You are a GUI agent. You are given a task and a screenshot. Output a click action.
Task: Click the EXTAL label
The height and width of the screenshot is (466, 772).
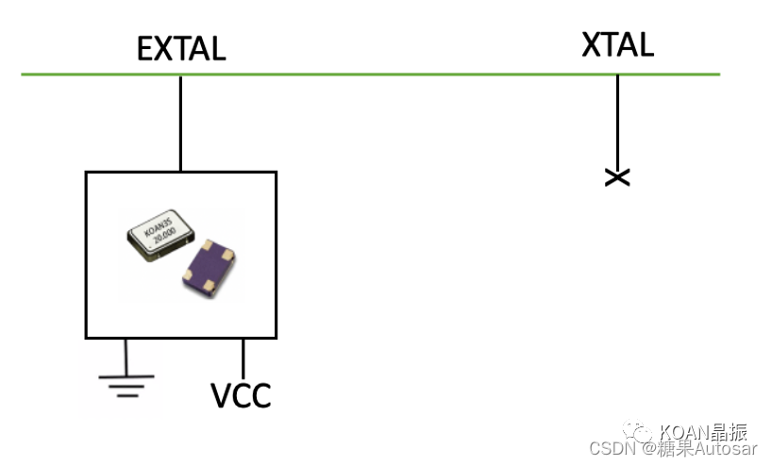[x=181, y=48]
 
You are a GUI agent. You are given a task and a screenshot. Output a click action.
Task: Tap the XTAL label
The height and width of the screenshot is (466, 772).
[x=617, y=43]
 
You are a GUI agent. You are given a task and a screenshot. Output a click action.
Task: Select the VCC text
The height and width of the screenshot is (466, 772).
[x=240, y=394]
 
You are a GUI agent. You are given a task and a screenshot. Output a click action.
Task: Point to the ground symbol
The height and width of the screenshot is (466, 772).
[x=126, y=382]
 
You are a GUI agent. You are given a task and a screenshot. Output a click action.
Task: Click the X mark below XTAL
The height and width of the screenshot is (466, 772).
[x=617, y=176]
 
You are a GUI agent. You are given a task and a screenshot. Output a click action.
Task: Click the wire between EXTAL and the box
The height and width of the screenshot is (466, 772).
[x=180, y=123]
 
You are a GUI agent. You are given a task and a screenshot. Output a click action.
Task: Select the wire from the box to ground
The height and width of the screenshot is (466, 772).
[x=126, y=355]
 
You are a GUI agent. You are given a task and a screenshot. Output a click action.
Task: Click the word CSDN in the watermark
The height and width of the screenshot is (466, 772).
[x=609, y=449]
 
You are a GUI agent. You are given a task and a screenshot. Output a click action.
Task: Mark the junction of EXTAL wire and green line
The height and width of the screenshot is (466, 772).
[x=180, y=74]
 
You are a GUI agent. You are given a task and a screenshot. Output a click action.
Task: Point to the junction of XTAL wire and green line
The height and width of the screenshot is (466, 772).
[x=617, y=74]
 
